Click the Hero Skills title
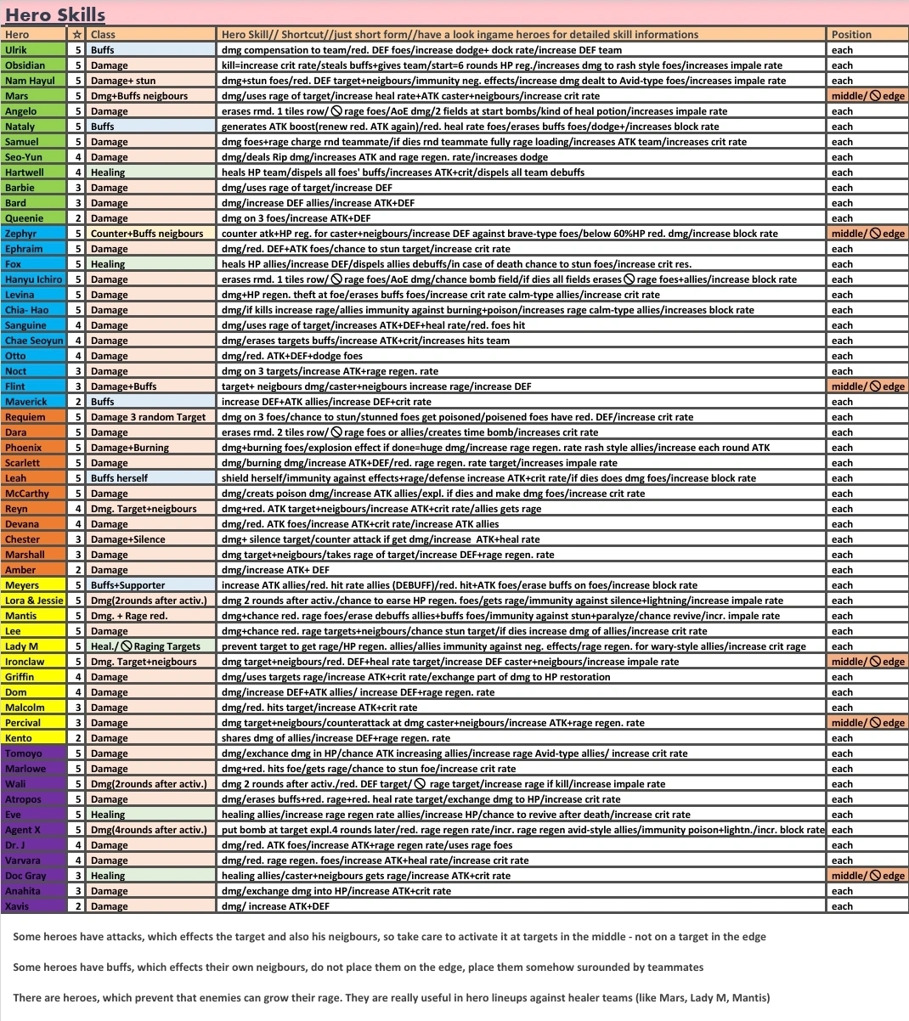[55, 14]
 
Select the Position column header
[851, 35]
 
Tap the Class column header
[103, 35]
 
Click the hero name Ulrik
[16, 50]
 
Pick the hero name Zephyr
[20, 234]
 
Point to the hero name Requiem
[25, 417]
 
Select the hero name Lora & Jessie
[34, 601]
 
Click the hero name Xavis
[17, 906]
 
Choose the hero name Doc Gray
[25, 876]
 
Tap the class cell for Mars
[139, 96]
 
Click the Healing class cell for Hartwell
[108, 172]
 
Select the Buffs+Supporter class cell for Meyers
[127, 585]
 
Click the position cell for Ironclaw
[867, 662]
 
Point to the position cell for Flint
[867, 386]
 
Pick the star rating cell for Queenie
[78, 218]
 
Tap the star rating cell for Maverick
[78, 402]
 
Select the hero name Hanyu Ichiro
[33, 279]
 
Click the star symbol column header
[78, 35]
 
